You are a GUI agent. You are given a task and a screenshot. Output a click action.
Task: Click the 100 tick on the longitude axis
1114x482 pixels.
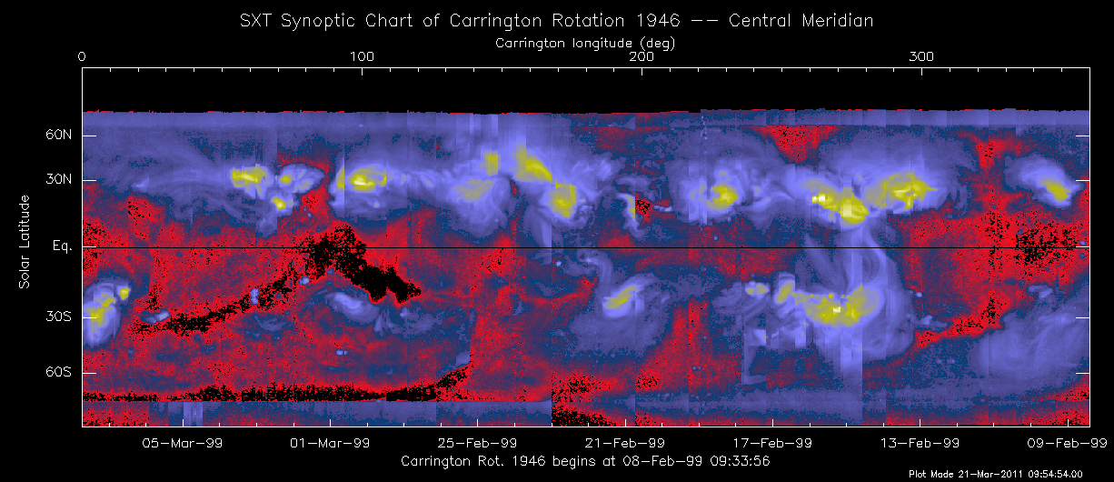click(362, 57)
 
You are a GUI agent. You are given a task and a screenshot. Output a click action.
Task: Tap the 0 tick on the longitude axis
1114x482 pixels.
click(83, 57)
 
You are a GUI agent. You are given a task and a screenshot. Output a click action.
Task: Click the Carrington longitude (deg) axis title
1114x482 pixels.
click(585, 43)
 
